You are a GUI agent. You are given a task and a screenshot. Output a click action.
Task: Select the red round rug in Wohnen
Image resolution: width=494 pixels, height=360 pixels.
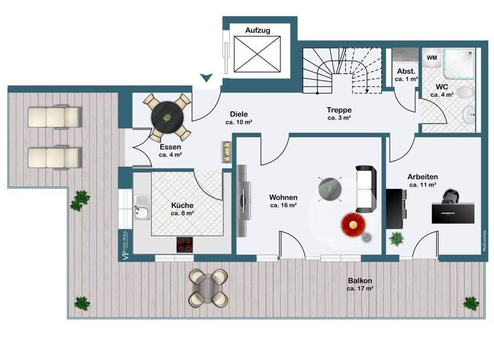353,224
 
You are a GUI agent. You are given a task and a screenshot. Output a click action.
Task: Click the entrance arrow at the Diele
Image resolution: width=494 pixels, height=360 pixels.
206,78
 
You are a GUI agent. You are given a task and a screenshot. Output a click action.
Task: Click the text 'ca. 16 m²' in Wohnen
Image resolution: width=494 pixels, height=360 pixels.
283,206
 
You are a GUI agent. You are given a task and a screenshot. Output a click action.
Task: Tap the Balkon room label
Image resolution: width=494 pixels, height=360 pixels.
360,281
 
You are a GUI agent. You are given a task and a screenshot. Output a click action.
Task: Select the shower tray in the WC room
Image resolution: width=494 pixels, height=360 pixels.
455,67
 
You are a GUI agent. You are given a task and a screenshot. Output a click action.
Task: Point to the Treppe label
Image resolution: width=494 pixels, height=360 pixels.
339,110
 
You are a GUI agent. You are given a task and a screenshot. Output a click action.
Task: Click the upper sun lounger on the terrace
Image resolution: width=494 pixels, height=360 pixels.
54,116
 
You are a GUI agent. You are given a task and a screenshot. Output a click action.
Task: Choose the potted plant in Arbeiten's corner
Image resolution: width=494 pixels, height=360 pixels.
396,239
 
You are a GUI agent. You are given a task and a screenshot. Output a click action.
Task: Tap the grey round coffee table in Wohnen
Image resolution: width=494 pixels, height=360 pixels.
331,187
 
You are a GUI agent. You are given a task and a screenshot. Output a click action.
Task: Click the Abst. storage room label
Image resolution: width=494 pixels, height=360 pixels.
405,71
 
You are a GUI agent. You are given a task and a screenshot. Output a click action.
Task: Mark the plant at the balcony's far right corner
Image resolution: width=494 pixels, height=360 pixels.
471,303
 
